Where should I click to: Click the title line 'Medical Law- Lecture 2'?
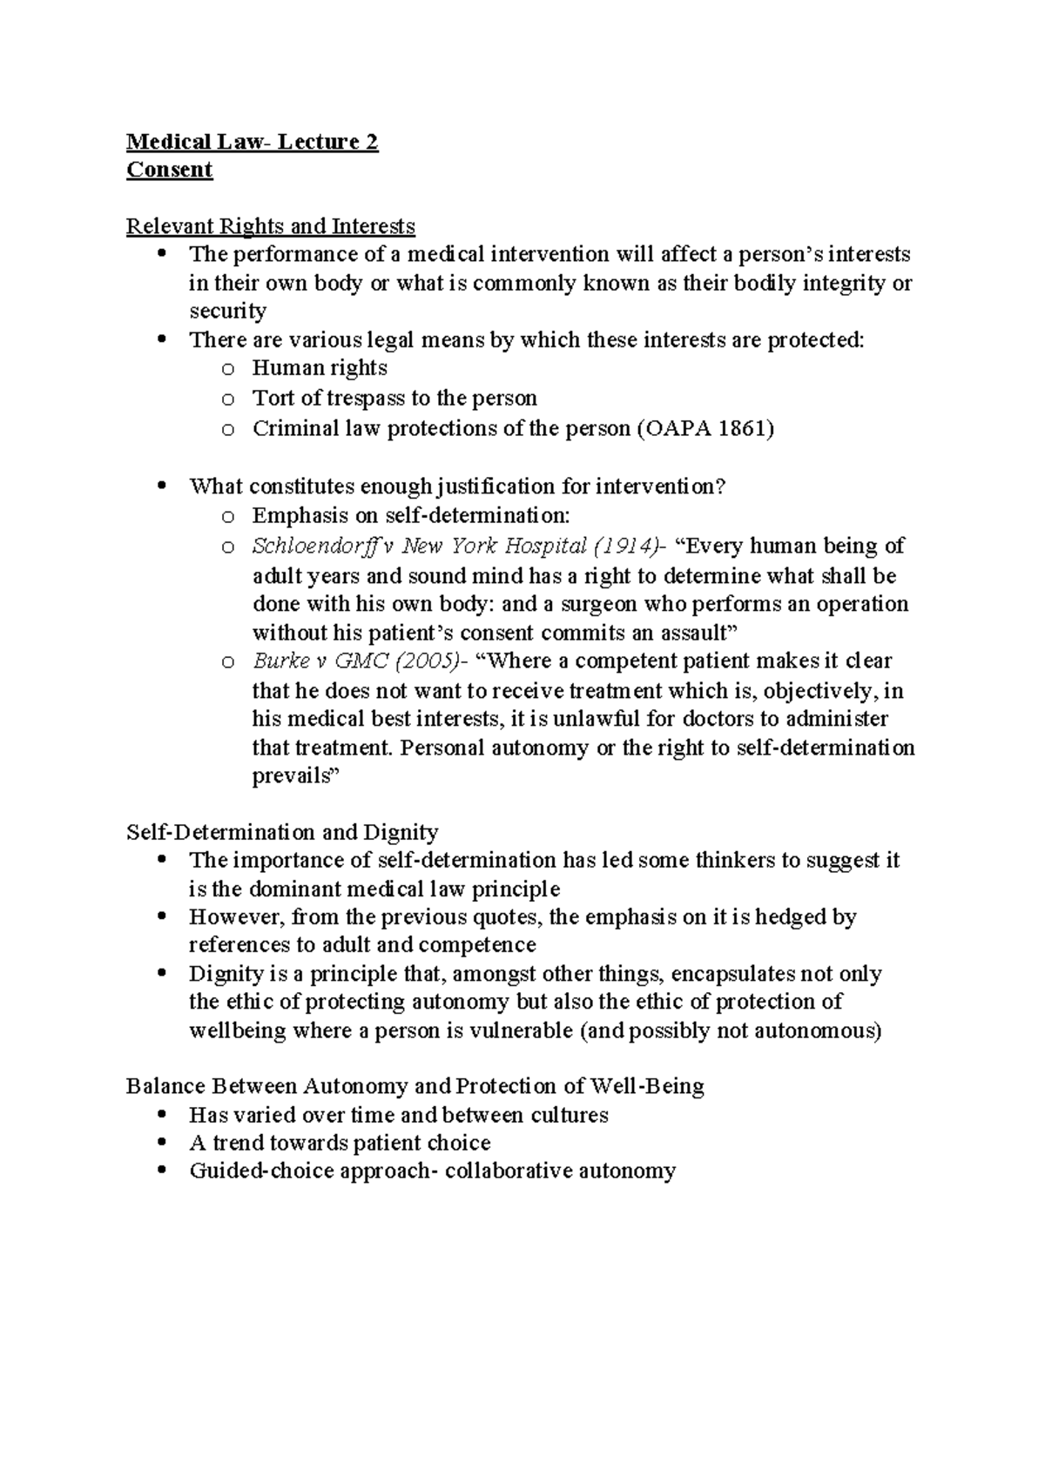(252, 142)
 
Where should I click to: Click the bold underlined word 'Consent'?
(169, 170)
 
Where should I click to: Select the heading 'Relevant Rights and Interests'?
(270, 226)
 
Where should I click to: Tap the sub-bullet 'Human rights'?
(319, 368)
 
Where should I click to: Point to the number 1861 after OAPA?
(740, 428)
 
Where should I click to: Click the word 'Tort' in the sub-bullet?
(272, 398)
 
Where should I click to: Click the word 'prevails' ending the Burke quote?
(292, 775)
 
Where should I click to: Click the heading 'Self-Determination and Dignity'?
(281, 832)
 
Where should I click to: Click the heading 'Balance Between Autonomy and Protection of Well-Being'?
(415, 1086)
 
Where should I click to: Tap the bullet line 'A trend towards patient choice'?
(340, 1143)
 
